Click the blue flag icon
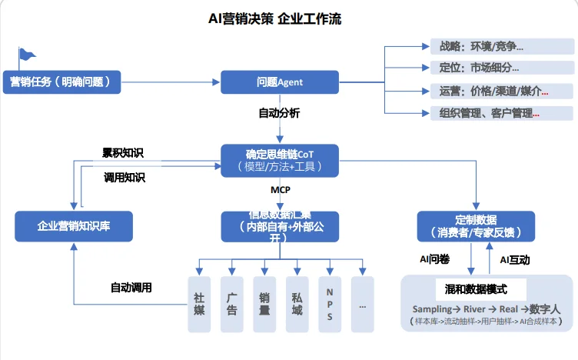tap(26, 55)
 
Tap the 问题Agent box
tap(280, 82)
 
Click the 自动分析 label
tap(279, 113)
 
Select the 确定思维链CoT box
tap(280, 160)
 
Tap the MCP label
tap(280, 188)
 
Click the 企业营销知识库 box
tap(74, 226)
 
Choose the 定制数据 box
tap(476, 225)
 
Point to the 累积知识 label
tap(123, 153)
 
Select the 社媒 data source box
tap(199, 304)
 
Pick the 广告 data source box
tap(231, 304)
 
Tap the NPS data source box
tap(329, 304)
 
